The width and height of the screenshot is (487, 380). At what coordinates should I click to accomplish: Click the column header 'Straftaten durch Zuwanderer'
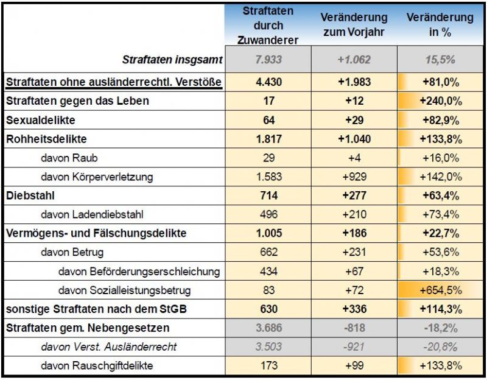[268, 26]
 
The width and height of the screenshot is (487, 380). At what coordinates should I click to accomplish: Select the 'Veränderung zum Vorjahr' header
[354, 25]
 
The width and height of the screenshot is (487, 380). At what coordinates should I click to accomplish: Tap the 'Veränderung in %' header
[440, 25]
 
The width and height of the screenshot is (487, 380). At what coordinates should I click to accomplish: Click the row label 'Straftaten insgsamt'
[172, 60]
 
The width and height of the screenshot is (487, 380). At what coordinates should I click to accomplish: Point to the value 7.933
[268, 60]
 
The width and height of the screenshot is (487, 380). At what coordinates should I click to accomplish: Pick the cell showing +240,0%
[441, 101]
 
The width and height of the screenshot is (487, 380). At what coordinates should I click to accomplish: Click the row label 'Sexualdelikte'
[41, 120]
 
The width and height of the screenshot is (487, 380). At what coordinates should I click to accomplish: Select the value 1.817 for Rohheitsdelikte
[268, 139]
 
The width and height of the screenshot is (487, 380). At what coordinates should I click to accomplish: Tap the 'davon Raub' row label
[69, 158]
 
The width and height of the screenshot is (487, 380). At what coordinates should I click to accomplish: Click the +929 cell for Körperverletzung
[354, 177]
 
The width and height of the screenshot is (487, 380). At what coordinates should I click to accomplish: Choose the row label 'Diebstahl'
[30, 195]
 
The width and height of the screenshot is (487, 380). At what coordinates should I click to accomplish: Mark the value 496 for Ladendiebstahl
[268, 214]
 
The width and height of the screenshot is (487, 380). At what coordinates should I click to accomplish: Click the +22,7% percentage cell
[441, 233]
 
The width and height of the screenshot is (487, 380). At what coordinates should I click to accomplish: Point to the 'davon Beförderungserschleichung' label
[139, 271]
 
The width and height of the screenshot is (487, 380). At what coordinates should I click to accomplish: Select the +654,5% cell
[441, 290]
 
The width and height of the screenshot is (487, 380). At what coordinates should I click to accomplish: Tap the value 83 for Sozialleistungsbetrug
[268, 290]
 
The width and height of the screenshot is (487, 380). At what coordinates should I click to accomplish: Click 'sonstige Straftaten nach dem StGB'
[96, 309]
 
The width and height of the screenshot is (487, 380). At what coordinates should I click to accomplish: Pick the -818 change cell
[354, 328]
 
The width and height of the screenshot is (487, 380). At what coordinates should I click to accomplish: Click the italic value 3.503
[268, 347]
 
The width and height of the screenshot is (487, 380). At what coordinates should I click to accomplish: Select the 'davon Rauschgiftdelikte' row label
[97, 366]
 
